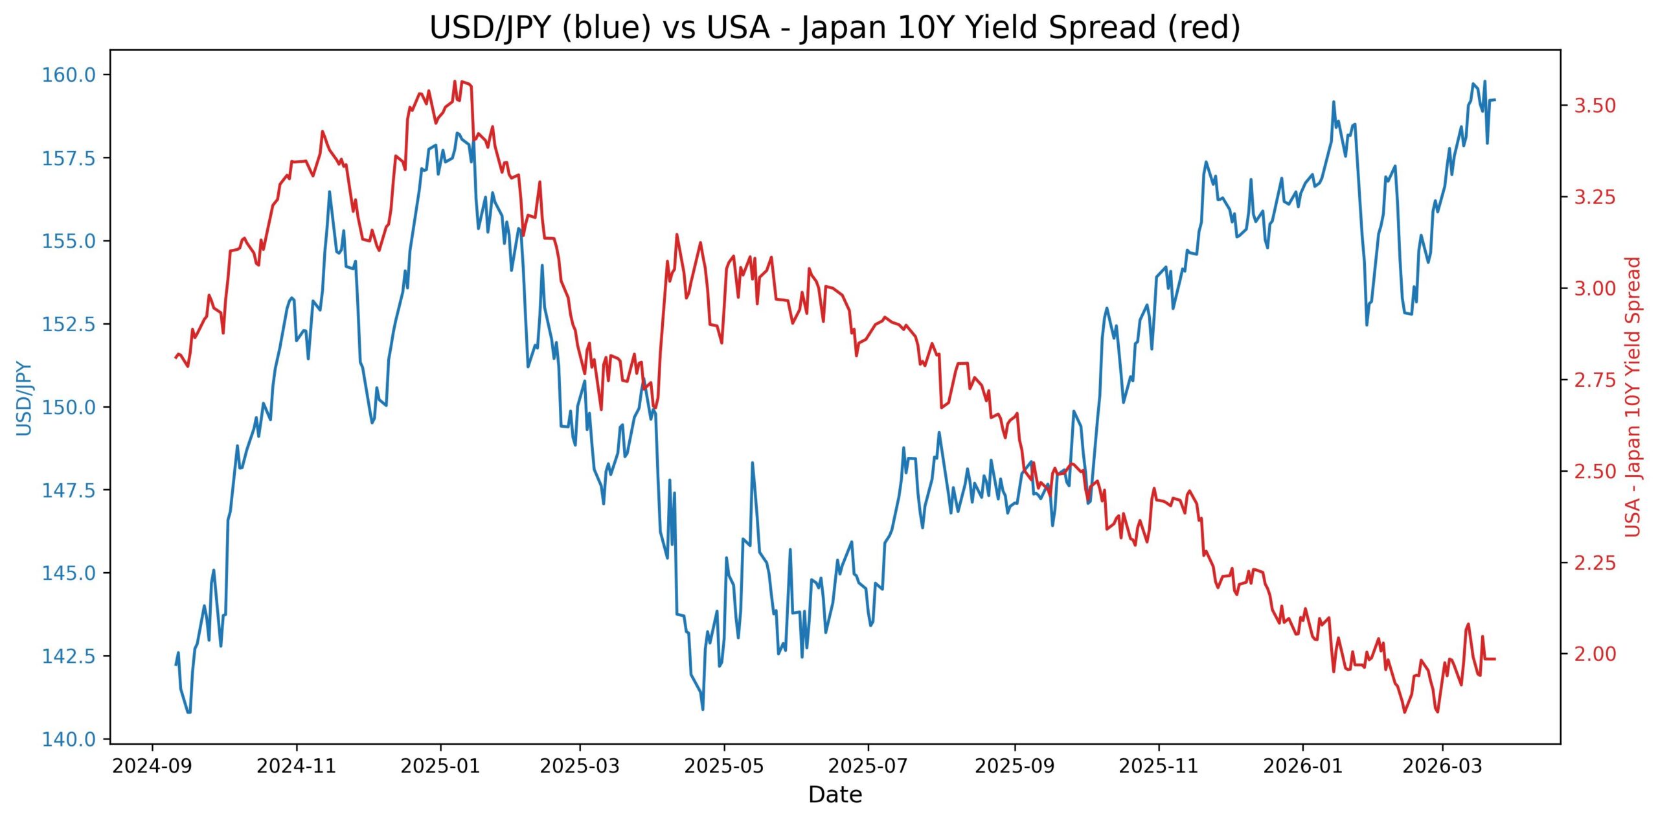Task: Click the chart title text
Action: tap(835, 27)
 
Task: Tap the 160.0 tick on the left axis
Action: tap(69, 75)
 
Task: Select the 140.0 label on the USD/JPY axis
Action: tap(69, 739)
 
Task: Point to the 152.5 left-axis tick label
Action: tap(69, 324)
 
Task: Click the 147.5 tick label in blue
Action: tap(69, 490)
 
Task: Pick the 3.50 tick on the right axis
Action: tap(1595, 106)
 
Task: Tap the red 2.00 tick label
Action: tap(1595, 654)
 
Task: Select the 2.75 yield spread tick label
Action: tap(1595, 380)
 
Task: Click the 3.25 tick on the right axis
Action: tap(1595, 197)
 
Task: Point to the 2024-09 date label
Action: tap(152, 767)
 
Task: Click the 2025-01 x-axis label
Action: tap(440, 767)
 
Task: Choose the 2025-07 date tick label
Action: tap(868, 767)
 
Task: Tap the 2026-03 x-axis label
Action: tap(1442, 767)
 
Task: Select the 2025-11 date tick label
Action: tap(1159, 767)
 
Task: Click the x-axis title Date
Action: tap(835, 795)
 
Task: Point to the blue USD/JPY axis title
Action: tap(24, 398)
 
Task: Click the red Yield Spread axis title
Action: tap(1633, 397)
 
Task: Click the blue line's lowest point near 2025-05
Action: tap(703, 709)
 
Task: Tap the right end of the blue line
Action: tap(1494, 100)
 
